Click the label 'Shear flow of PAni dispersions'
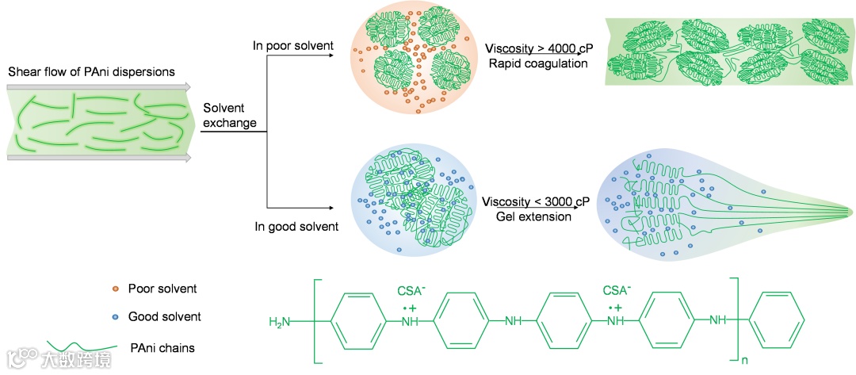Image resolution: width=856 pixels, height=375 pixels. (91, 72)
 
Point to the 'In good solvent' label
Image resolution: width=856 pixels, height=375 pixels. (296, 227)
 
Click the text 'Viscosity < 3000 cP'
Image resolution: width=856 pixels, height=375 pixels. (537, 201)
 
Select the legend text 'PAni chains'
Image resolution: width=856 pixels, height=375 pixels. (161, 347)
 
